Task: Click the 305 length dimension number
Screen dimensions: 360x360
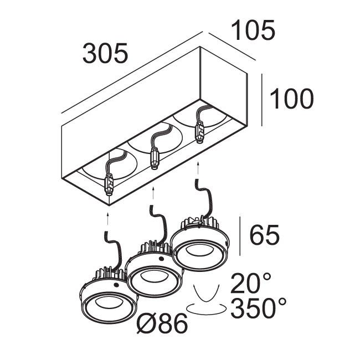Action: tap(105, 53)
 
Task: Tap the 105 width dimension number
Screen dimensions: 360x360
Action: tap(253, 30)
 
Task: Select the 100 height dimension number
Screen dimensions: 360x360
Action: tap(291, 99)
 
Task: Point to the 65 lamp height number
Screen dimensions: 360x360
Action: tap(265, 235)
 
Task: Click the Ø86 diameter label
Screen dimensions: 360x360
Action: tap(162, 323)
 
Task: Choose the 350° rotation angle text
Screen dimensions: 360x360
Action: tap(259, 308)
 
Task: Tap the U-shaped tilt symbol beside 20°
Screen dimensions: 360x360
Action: tap(206, 293)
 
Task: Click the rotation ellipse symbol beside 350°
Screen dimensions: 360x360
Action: tap(206, 308)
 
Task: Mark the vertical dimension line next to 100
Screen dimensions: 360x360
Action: tap(262, 100)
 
